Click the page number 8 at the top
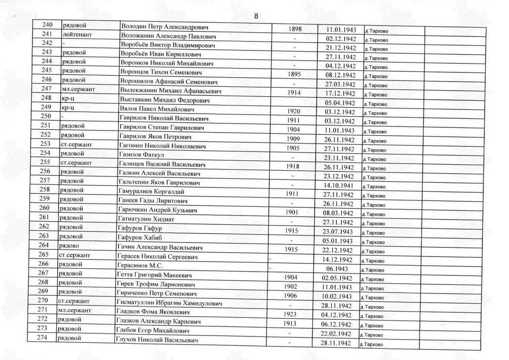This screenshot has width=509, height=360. (x=256, y=16)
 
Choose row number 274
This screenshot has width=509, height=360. (x=42, y=338)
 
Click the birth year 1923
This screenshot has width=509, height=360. (x=290, y=314)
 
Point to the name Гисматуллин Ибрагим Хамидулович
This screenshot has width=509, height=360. (x=168, y=303)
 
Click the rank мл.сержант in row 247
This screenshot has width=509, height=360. (x=78, y=89)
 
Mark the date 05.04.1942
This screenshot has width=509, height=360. (x=340, y=102)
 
